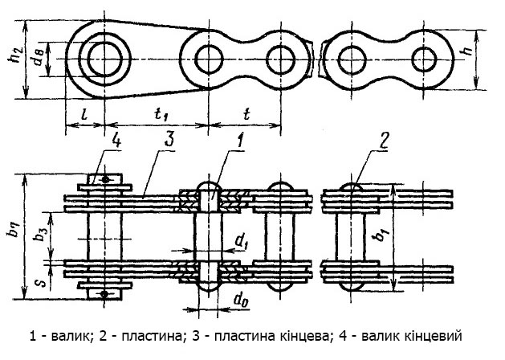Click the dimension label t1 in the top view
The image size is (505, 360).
(160, 114)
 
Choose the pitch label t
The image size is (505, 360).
(246, 114)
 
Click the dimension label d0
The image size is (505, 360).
(239, 301)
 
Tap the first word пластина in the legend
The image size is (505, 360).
(152, 337)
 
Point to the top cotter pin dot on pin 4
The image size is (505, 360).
(105, 179)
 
